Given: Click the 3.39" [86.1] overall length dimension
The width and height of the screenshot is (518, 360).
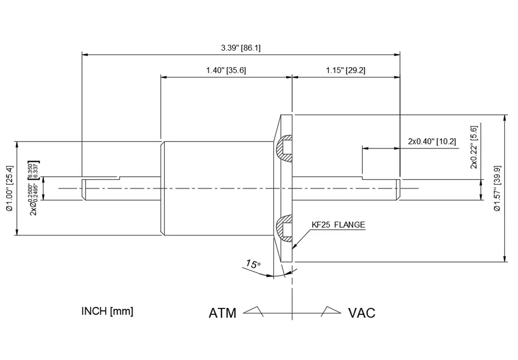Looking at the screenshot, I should (241, 48).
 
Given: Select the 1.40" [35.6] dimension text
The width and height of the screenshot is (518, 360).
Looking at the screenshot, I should (226, 70).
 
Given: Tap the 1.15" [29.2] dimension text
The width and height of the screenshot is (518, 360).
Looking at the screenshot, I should (345, 70).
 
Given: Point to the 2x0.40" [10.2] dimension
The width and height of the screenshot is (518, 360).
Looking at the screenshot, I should (432, 142).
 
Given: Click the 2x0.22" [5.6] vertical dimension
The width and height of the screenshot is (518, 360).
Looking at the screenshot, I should (474, 147).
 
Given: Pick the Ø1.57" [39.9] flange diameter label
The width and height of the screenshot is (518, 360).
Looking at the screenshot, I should (497, 188).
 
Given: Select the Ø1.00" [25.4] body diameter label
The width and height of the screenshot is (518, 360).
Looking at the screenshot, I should (10, 188).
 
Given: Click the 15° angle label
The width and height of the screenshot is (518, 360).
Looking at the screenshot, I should (253, 265).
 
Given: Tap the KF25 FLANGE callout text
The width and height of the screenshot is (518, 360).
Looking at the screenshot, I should (339, 225).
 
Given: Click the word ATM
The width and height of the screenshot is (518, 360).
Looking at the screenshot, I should (222, 313).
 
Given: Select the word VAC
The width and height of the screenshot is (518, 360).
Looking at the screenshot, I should (361, 313).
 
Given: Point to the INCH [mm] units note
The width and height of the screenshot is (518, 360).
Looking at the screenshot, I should (107, 311).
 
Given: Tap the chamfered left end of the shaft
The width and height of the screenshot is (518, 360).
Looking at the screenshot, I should (84, 189).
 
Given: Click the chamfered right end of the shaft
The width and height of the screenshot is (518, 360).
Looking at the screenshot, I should (397, 189).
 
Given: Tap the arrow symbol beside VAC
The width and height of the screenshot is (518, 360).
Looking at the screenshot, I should (331, 311).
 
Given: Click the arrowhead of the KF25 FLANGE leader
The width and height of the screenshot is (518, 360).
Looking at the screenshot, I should (293, 247).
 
